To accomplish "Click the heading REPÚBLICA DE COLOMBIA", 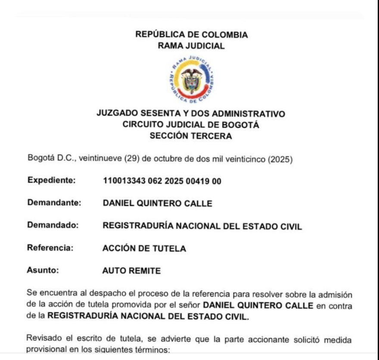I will [x=192, y=35].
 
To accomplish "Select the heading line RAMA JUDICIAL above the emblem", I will [x=192, y=46].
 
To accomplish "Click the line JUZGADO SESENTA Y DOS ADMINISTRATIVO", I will [x=191, y=114].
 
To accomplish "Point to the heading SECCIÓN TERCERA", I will [x=191, y=136].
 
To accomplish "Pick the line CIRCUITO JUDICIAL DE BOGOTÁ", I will [x=191, y=125].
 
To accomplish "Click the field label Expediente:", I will [x=51, y=180].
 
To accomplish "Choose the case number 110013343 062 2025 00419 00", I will [x=162, y=181].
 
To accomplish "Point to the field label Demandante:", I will [x=54, y=203].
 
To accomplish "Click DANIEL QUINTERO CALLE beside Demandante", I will [x=157, y=203].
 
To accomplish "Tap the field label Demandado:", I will [x=53, y=225].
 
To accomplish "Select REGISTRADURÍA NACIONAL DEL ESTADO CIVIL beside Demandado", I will [x=202, y=226].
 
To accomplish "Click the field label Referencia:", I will [x=51, y=248].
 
